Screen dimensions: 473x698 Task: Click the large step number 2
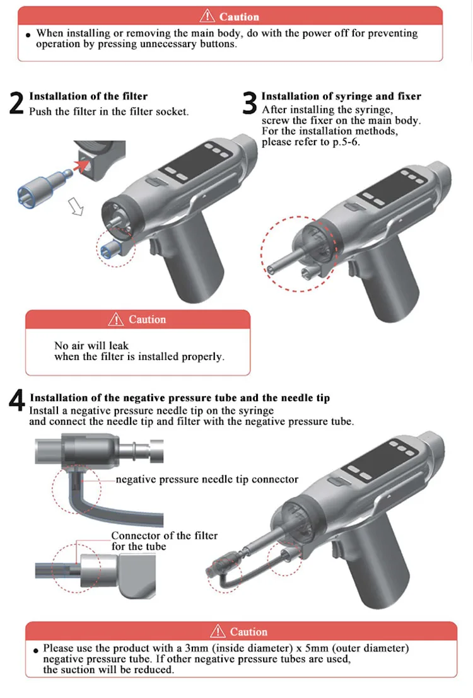(16, 103)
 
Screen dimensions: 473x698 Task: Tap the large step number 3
(250, 103)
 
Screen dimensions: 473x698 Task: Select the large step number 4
(17, 400)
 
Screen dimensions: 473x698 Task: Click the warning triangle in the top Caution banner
(207, 16)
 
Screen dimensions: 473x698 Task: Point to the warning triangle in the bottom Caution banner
(218, 631)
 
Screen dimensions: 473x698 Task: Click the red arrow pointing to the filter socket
(81, 166)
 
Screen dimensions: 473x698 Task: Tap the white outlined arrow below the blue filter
(76, 207)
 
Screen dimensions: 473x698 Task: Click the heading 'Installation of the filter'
(88, 96)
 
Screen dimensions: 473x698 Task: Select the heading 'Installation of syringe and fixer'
(341, 96)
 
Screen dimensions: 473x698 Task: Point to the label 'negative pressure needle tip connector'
(207, 479)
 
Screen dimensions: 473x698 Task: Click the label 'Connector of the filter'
(165, 535)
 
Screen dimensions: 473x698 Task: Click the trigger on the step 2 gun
(155, 248)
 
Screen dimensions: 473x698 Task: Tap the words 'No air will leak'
(91, 346)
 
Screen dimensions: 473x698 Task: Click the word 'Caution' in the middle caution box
(147, 319)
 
